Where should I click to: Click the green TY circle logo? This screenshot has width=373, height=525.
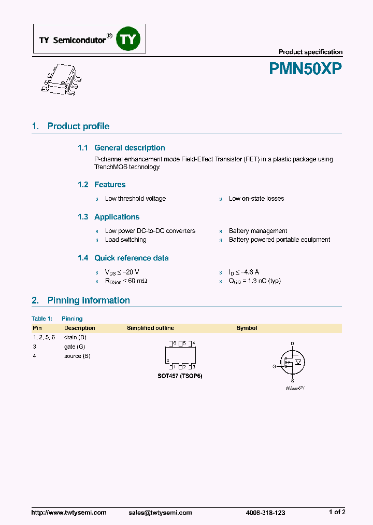pos(127,38)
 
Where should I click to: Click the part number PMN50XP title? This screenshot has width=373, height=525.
pos(305,69)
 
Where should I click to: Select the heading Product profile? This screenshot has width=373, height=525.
pos(78,126)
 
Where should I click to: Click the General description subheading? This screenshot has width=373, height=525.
pos(130,148)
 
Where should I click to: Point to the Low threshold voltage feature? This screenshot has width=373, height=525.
pos(135,199)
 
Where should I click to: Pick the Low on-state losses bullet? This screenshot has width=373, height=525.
pos(256,199)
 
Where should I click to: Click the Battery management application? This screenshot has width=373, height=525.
pos(258,231)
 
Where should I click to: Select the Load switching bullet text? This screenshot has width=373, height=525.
pos(125,240)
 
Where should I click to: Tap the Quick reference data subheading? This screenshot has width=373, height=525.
pos(131,258)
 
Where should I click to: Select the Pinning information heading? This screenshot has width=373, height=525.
pos(89,300)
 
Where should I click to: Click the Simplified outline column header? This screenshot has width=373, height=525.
pos(150,328)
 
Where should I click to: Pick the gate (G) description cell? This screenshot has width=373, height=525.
pos(75,347)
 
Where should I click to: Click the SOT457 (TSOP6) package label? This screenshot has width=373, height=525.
pos(180,376)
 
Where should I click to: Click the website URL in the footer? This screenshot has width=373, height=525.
pos(69,512)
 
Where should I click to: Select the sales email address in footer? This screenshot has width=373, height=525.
pos(160,512)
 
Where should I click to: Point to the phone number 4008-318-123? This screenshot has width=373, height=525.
pos(265,512)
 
